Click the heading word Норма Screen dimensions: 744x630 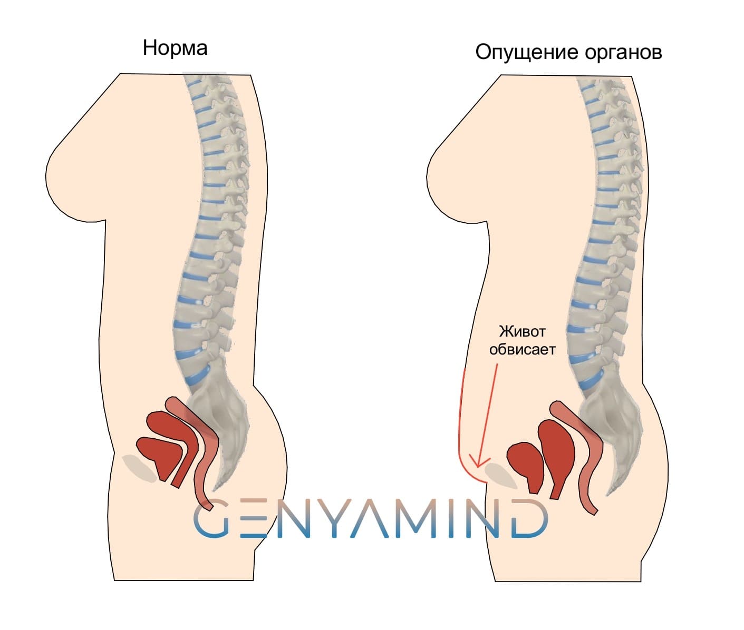175,48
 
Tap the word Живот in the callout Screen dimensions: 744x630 522,331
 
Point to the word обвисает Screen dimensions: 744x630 522,349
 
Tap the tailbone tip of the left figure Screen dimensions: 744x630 215,490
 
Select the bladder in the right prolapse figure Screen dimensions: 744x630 526,465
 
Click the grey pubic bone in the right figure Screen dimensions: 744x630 501,475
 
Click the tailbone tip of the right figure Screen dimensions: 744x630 609,495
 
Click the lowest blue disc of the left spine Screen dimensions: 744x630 198,375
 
